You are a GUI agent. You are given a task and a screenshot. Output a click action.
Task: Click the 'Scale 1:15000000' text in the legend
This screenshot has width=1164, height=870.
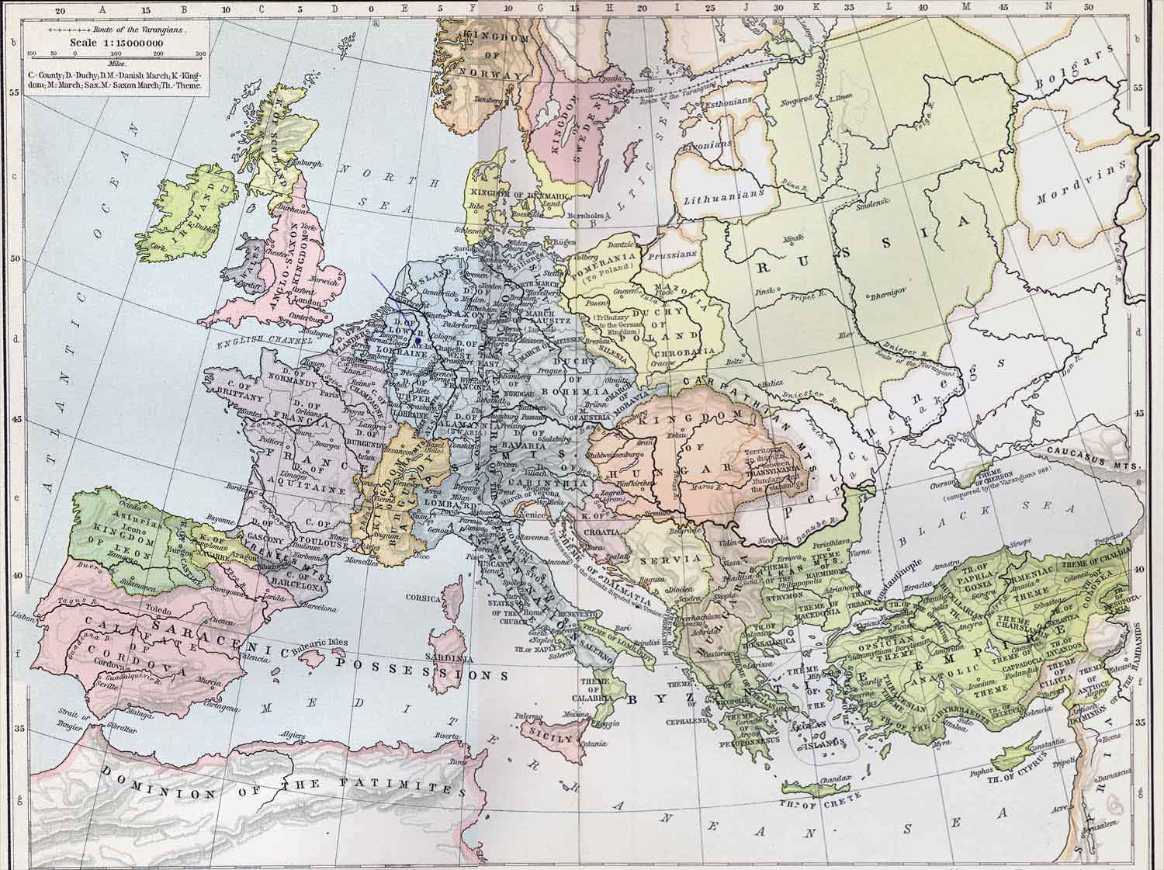(x=115, y=43)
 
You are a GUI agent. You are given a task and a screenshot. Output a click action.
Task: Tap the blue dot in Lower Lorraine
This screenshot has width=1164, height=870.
(x=418, y=339)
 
